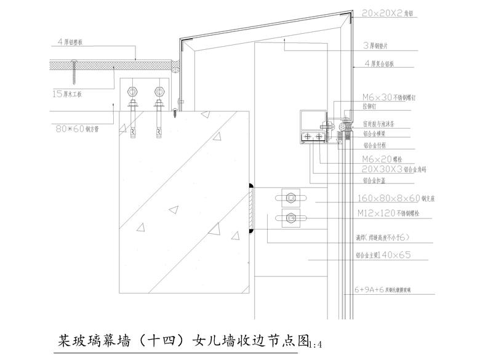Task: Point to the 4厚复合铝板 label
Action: click(386, 63)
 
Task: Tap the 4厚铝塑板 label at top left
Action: click(74, 42)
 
